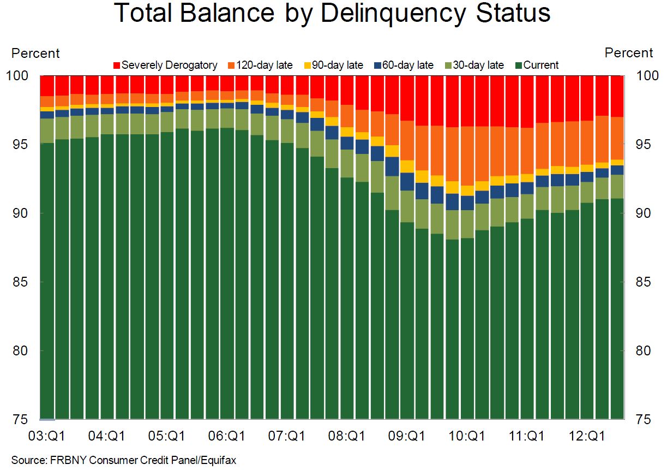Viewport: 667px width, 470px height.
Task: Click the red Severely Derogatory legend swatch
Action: [117, 66]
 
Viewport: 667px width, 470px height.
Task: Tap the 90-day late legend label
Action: [337, 66]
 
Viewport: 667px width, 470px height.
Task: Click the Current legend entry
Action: [540, 66]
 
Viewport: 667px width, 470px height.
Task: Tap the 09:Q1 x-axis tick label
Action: [406, 437]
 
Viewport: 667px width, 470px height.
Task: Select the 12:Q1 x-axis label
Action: [586, 437]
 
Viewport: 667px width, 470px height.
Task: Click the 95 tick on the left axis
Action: [20, 145]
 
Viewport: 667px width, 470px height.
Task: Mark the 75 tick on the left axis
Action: [20, 419]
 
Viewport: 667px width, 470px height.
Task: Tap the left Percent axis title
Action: [35, 53]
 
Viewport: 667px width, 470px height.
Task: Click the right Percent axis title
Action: [629, 53]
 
